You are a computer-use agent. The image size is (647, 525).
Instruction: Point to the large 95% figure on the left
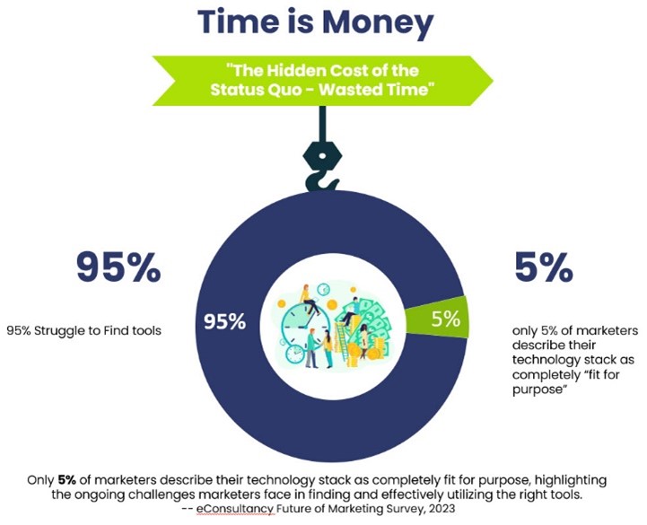coord(118,267)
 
